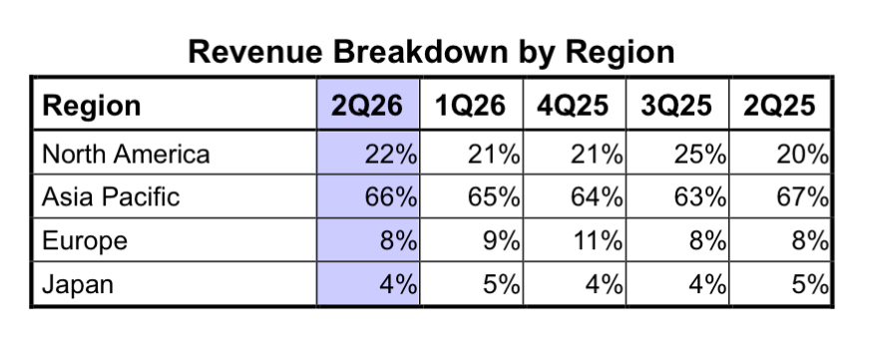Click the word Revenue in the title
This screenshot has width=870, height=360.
pyautogui.click(x=255, y=52)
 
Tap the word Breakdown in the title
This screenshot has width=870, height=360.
pyautogui.click(x=420, y=52)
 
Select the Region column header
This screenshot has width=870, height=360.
pyautogui.click(x=92, y=106)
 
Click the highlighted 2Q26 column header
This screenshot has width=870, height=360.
pyautogui.click(x=367, y=106)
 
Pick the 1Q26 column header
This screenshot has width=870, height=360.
pyautogui.click(x=470, y=106)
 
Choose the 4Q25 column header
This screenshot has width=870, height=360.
pyautogui.click(x=573, y=106)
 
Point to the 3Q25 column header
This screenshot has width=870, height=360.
pyautogui.click(x=676, y=106)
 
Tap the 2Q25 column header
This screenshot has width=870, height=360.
pyautogui.click(x=779, y=106)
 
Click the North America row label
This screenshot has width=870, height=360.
pyautogui.click(x=126, y=154)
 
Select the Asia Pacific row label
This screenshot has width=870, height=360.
pyautogui.click(x=111, y=196)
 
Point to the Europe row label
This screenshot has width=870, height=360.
pyautogui.click(x=85, y=241)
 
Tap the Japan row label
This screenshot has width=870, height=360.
pyautogui.click(x=78, y=285)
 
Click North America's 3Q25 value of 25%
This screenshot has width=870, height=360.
pyautogui.click(x=700, y=154)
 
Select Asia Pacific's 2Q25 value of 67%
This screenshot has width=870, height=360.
pyautogui.click(x=803, y=196)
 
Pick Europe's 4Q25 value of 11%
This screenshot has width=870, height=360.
pyautogui.click(x=597, y=240)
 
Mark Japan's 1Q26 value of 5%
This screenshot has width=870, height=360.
pyautogui.click(x=502, y=284)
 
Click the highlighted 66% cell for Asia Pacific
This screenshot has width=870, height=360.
pyautogui.click(x=391, y=196)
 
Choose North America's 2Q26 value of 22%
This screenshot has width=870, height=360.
pyautogui.click(x=391, y=154)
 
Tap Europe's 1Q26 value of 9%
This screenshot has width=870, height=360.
pyautogui.click(x=502, y=240)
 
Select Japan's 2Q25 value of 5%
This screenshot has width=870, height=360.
pyautogui.click(x=810, y=284)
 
